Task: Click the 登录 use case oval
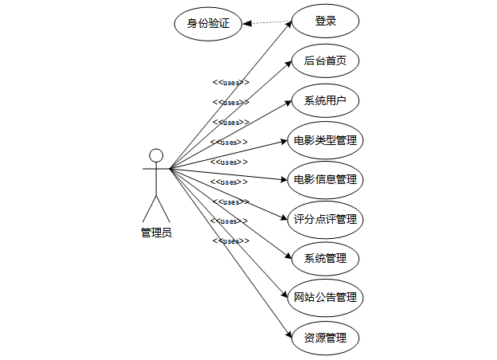coord(325,22)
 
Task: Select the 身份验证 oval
coord(208,23)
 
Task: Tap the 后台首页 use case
coord(325,61)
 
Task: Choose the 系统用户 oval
coord(325,100)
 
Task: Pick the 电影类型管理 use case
coord(325,140)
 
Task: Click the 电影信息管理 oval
coord(325,179)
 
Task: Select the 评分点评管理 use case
coord(325,219)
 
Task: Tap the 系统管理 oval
coord(325,258)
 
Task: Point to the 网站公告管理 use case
coord(325,298)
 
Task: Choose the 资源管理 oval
coord(325,337)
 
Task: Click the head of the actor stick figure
coord(156,155)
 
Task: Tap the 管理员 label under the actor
coord(156,233)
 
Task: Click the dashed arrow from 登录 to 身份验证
coord(267,22)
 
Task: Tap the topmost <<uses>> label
coord(230,82)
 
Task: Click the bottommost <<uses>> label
coord(230,241)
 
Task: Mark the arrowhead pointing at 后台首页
coord(288,65)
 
